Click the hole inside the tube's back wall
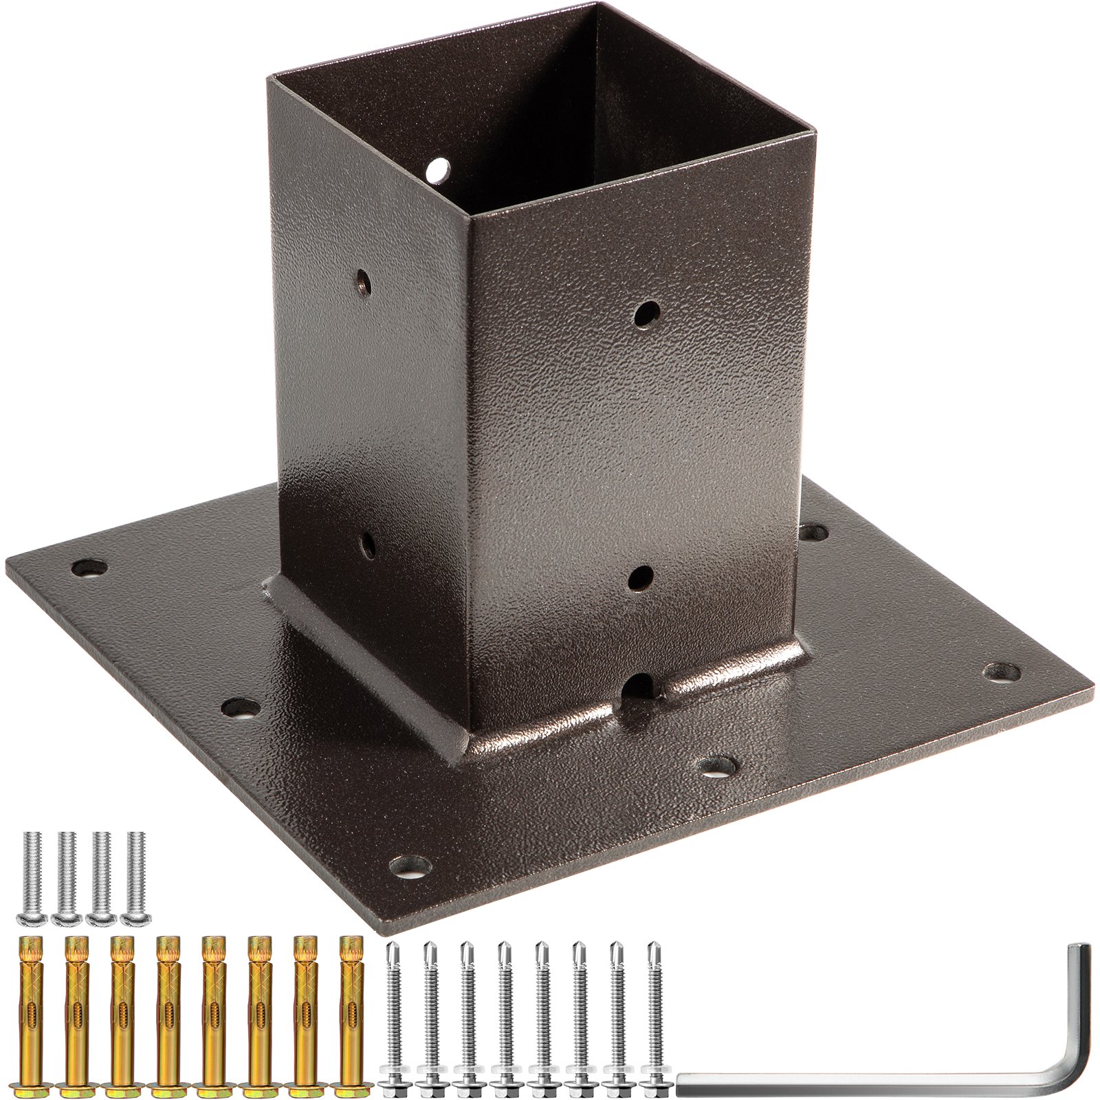click(436, 169)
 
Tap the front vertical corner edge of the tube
click(470, 481)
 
